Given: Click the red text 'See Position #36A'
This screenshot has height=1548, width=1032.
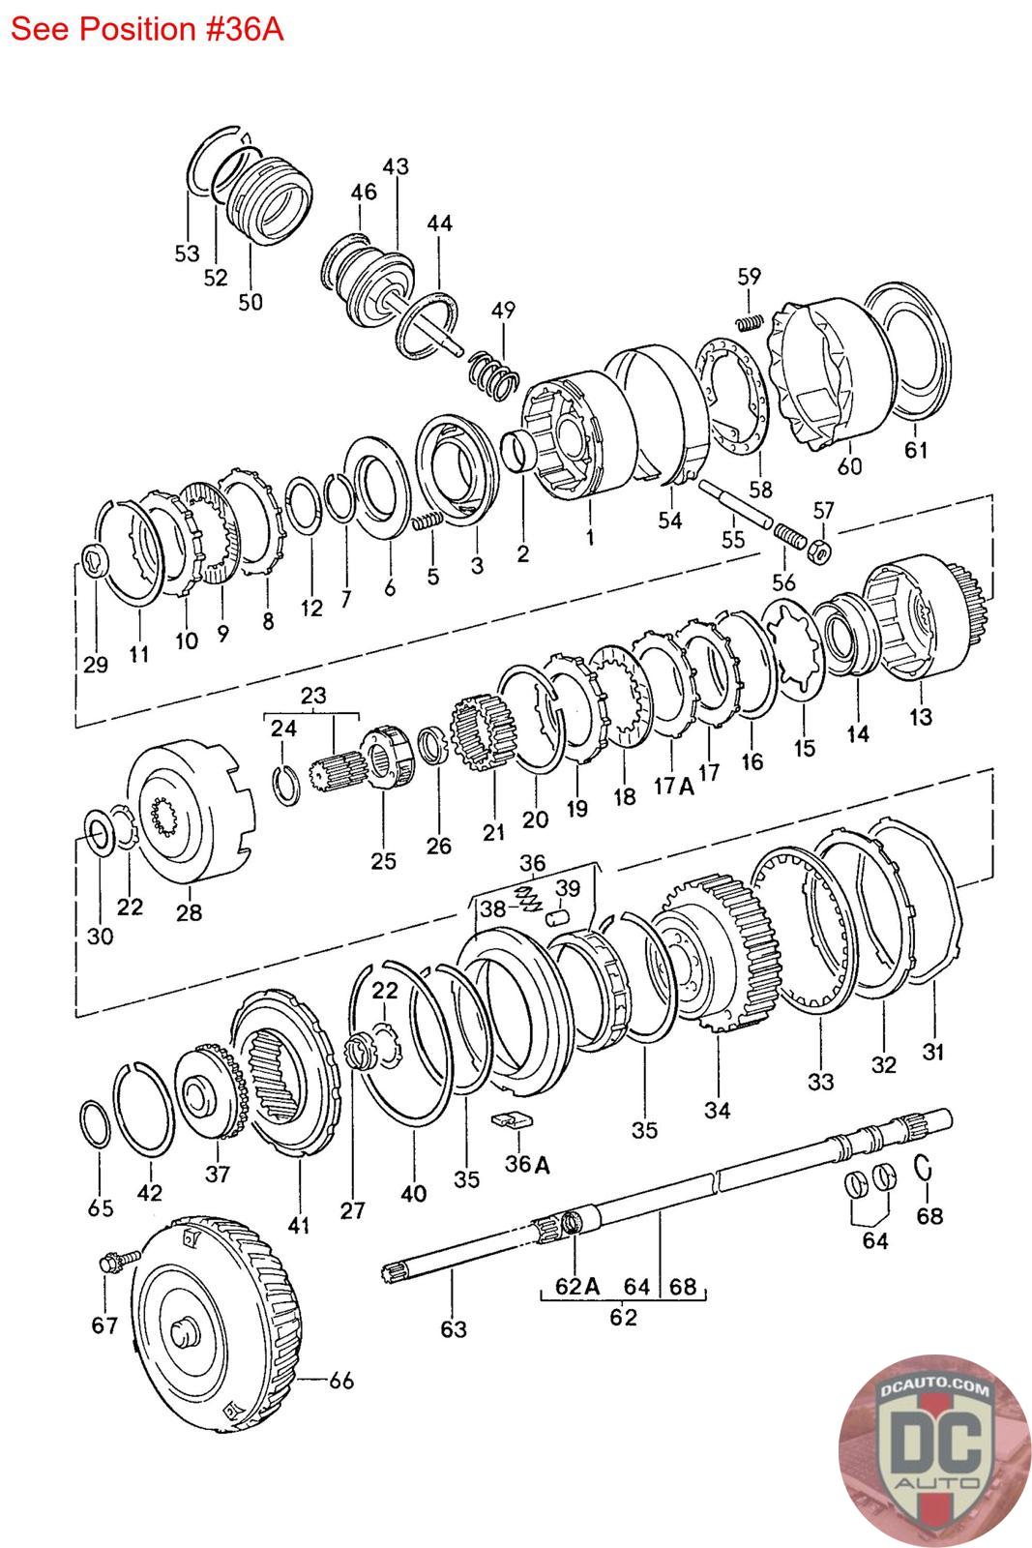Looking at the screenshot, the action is click(x=147, y=28).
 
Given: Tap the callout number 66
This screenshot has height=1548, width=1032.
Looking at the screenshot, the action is click(x=340, y=1381).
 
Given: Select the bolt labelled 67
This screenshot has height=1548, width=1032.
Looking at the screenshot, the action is click(x=109, y=1264).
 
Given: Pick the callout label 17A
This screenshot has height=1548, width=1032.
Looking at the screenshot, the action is click(x=673, y=786).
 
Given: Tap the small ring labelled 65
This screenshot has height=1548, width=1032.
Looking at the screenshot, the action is click(x=94, y=1124).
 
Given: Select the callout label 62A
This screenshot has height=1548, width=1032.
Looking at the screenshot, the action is click(x=577, y=1286).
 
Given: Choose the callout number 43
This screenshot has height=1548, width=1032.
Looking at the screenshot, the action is click(x=396, y=166).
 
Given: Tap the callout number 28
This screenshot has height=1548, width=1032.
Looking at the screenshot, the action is click(x=189, y=911).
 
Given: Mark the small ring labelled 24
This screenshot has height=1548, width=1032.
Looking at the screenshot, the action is click(x=287, y=783).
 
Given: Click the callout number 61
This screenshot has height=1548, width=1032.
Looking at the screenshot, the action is click(x=915, y=450).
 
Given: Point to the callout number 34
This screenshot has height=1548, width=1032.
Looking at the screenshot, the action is click(x=717, y=1110).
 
